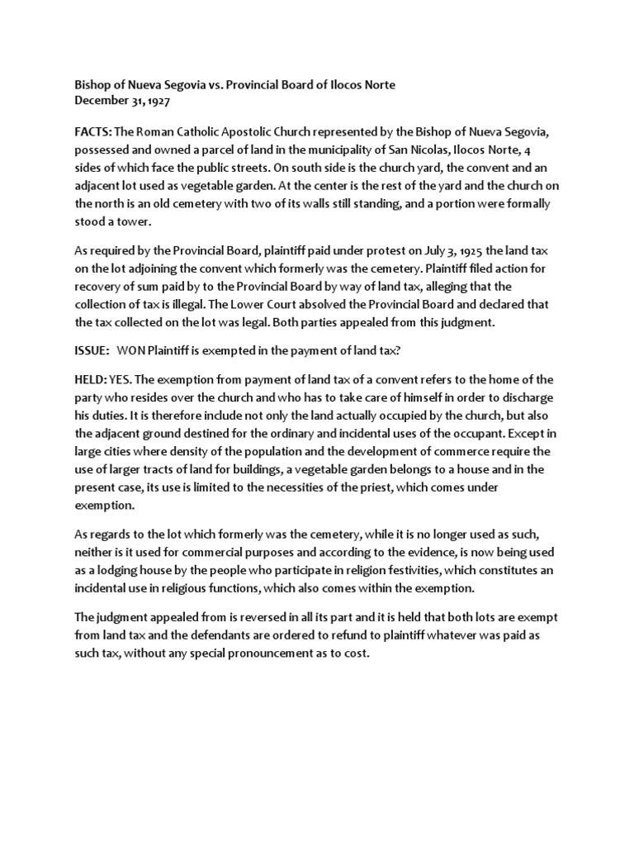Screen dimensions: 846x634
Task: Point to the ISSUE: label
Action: pos(92,350)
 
